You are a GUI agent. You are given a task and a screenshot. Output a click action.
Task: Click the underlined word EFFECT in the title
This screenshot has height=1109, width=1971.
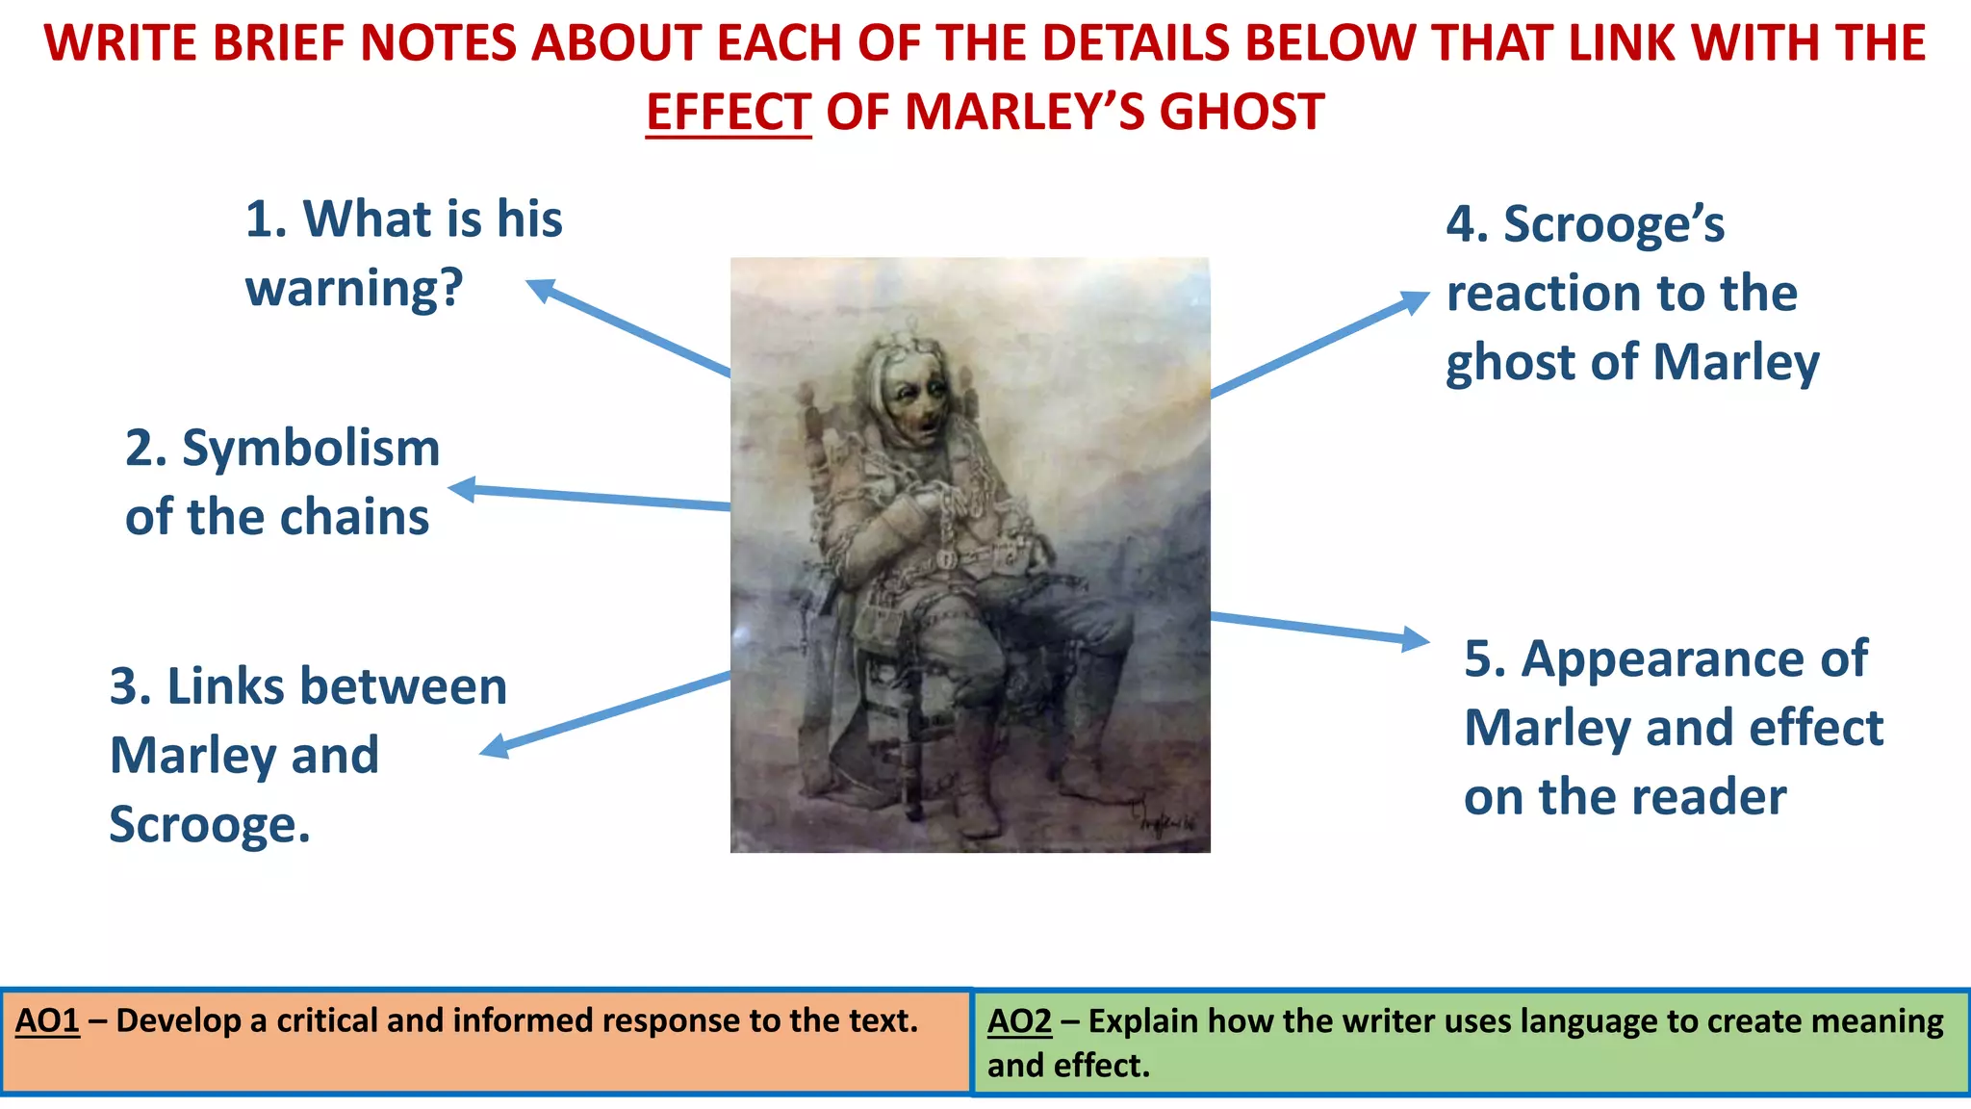coord(729,112)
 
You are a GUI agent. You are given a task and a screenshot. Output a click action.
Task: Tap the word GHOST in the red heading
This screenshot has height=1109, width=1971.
coord(1241,112)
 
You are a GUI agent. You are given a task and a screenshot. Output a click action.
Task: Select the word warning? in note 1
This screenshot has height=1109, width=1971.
coord(354,288)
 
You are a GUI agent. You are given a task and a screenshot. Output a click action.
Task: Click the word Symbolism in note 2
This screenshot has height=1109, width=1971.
coord(311,449)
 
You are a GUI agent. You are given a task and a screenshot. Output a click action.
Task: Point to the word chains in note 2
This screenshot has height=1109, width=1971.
coord(356,517)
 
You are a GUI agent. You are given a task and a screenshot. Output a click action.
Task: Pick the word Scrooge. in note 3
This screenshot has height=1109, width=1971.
coord(210,825)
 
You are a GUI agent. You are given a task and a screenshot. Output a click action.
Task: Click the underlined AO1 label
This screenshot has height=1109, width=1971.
coord(47,1021)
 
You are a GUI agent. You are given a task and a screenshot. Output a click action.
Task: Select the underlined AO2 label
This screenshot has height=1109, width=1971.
coord(1019,1021)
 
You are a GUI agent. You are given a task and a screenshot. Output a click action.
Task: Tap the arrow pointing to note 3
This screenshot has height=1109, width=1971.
coord(606,713)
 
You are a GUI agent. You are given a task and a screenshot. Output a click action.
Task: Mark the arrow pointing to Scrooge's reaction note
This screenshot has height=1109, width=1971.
coord(1318,345)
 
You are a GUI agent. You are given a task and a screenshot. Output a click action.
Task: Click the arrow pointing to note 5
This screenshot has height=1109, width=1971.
coord(1318,628)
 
